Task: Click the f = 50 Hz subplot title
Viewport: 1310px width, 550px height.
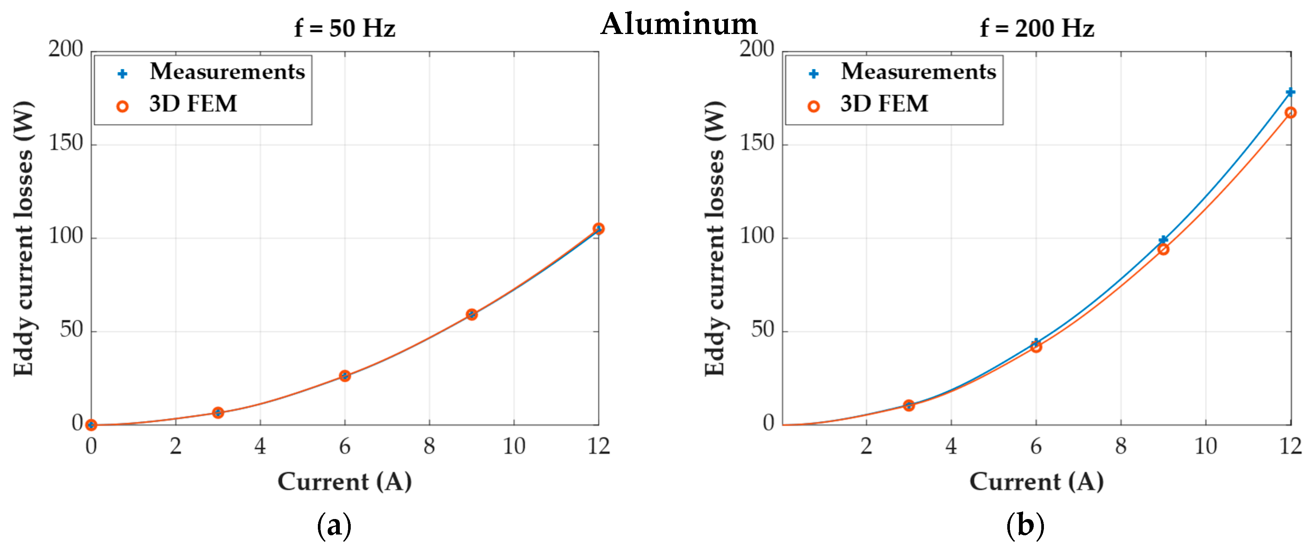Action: click(x=344, y=28)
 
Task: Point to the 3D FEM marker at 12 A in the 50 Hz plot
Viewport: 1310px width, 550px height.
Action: click(x=599, y=229)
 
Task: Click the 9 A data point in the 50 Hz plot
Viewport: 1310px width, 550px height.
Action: click(x=471, y=315)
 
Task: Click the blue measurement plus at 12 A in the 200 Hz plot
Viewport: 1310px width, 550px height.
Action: click(x=1290, y=92)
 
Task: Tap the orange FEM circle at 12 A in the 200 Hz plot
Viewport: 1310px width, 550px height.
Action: click(x=1290, y=113)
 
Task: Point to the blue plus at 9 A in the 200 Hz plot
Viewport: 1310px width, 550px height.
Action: click(x=1163, y=239)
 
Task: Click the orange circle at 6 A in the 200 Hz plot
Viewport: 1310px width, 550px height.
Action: click(x=1036, y=347)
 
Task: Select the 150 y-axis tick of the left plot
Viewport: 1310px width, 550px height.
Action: click(x=66, y=144)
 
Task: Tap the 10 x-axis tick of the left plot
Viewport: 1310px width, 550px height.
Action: click(x=514, y=446)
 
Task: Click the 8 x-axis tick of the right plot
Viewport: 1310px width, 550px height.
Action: click(x=1120, y=446)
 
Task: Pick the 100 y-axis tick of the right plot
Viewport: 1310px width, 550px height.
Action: click(x=757, y=237)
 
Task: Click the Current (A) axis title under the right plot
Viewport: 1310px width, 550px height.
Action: click(x=1036, y=481)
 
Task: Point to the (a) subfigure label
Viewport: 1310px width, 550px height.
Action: click(x=334, y=526)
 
